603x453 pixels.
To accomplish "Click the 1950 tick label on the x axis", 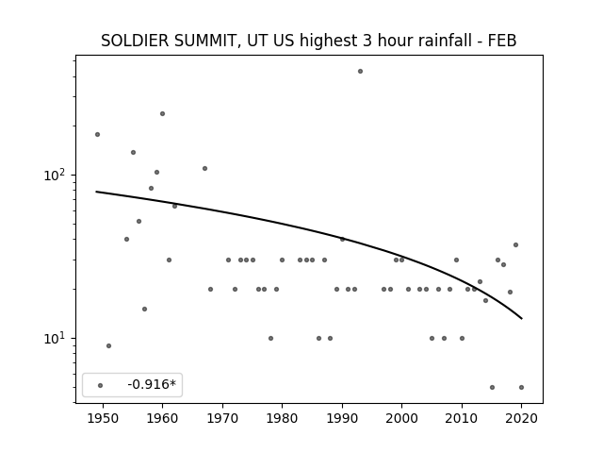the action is [103, 418].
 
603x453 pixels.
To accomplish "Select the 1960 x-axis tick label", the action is [162, 418].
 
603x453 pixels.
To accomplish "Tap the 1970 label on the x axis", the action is [222, 418].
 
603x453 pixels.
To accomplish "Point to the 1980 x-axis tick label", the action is [282, 418].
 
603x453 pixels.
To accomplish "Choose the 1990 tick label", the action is [342, 418].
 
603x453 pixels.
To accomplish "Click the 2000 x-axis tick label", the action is [401, 418].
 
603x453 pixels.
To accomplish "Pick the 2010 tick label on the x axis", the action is [462, 418].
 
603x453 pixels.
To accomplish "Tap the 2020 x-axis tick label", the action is [521, 418].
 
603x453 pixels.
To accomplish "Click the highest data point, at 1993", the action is [360, 72].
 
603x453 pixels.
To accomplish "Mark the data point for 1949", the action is [97, 134].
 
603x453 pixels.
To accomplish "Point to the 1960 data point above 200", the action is [162, 113].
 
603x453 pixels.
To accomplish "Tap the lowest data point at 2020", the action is [521, 388].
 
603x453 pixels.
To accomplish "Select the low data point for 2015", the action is [492, 388].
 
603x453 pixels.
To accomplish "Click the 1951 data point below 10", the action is [108, 346].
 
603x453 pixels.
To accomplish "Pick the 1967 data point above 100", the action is [204, 168].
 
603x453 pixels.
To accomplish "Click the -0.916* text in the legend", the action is [152, 384].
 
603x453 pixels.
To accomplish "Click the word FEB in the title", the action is [502, 41].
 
